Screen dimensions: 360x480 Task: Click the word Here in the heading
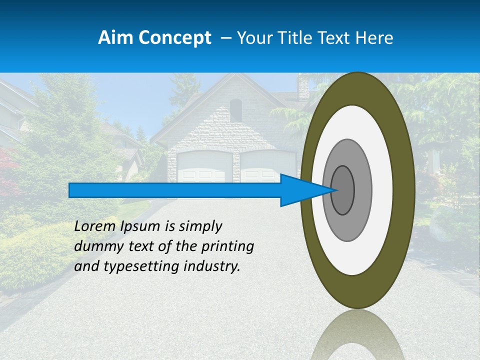point(374,38)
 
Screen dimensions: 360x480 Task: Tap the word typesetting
point(145,267)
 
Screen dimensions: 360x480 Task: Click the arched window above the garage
point(236,110)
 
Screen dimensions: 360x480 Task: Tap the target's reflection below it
point(357,335)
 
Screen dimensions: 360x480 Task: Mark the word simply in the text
point(200,227)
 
